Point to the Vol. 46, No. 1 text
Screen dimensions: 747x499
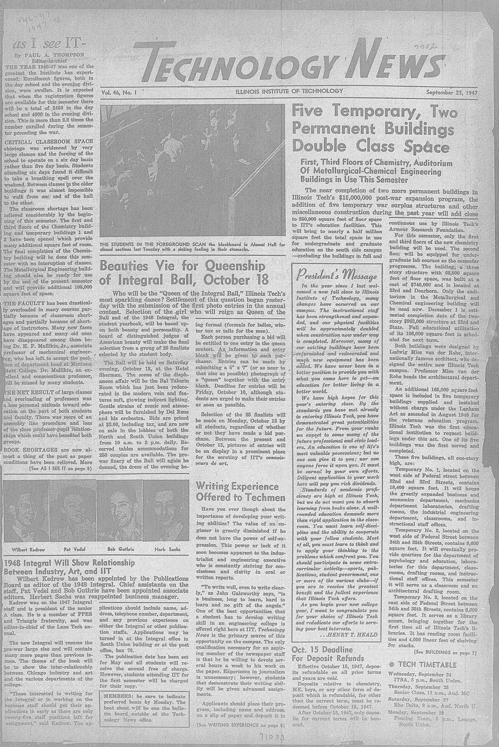122,92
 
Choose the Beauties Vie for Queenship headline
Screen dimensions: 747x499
184,271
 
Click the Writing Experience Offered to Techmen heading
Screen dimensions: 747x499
241,491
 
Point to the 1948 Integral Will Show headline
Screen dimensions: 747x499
69,566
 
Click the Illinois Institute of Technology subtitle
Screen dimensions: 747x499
289,91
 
